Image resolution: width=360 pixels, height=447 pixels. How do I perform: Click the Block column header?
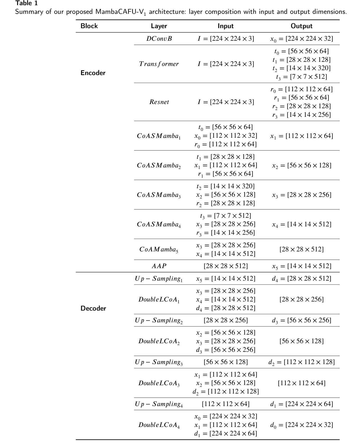click(x=89, y=26)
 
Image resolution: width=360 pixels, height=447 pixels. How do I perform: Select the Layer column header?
click(x=159, y=26)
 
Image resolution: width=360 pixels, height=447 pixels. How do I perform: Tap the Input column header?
click(x=225, y=26)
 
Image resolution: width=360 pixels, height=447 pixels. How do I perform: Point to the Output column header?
click(x=301, y=26)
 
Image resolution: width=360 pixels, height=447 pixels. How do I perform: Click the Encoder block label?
click(x=93, y=73)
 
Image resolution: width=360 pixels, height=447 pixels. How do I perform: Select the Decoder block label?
click(x=93, y=308)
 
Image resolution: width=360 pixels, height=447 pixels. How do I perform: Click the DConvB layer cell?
click(x=159, y=39)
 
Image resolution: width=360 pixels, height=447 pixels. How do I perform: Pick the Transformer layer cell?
click(x=159, y=64)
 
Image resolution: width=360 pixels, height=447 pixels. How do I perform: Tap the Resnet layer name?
click(x=159, y=102)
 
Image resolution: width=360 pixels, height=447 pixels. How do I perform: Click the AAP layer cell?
click(x=159, y=266)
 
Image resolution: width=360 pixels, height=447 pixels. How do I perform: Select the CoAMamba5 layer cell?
click(x=159, y=249)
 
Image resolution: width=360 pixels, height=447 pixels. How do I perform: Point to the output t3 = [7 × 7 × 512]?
click(x=301, y=77)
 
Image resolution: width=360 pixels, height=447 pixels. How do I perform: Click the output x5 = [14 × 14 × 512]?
click(x=301, y=266)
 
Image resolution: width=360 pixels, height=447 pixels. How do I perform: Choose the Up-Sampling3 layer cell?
click(x=159, y=362)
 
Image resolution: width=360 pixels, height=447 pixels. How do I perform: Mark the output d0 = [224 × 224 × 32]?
click(x=301, y=425)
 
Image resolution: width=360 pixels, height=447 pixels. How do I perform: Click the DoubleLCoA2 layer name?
click(x=159, y=341)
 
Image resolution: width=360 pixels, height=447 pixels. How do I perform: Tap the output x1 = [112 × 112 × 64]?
click(x=301, y=136)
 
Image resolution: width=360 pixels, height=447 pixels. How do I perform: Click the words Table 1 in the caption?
click(x=27, y=3)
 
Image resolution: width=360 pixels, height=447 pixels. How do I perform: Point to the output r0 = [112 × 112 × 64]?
click(x=301, y=89)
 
